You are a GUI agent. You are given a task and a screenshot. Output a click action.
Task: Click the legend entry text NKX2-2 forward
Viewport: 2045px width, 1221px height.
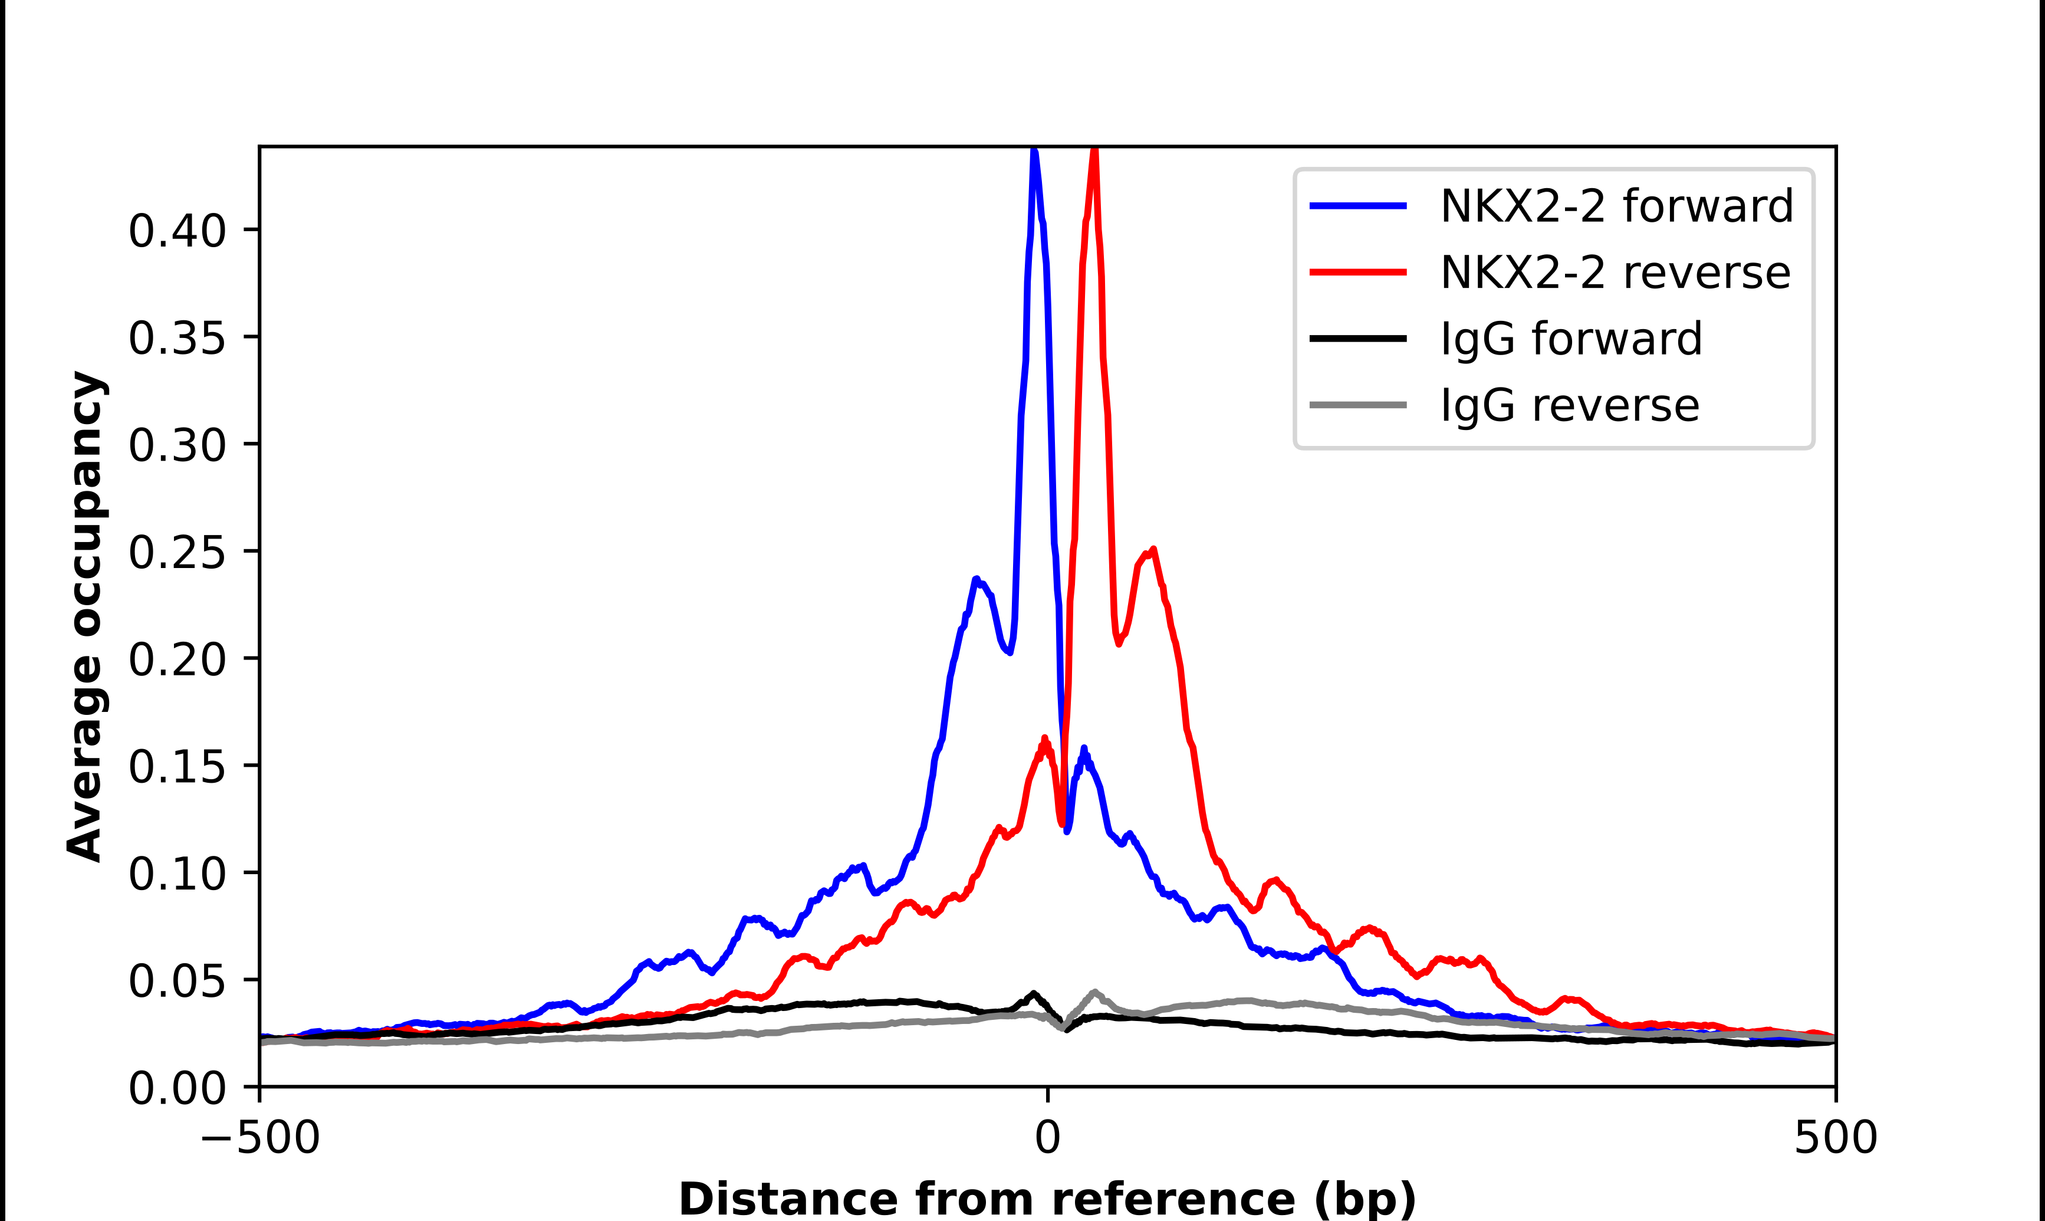pyautogui.click(x=1616, y=206)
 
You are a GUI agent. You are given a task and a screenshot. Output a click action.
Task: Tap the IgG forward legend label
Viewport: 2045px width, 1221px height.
pyautogui.click(x=1570, y=339)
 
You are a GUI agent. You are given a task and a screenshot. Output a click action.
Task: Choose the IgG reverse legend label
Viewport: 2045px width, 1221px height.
pyautogui.click(x=1569, y=406)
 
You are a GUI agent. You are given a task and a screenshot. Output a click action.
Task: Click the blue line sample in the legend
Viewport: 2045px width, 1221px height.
pyautogui.click(x=1357, y=206)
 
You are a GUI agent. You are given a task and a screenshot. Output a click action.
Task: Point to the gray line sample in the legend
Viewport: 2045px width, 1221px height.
pyautogui.click(x=1357, y=405)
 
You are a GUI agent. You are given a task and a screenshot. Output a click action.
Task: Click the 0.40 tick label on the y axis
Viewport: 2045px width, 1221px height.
pyautogui.click(x=177, y=231)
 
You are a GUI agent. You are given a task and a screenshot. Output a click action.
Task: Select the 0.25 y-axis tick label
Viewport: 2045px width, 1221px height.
pyautogui.click(x=177, y=552)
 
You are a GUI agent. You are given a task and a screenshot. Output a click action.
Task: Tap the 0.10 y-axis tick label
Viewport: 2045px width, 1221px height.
pyautogui.click(x=177, y=873)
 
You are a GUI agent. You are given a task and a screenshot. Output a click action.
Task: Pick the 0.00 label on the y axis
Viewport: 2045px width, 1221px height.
pyautogui.click(x=177, y=1088)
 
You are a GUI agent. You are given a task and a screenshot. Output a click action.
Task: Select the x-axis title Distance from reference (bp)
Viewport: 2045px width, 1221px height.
pyautogui.click(x=1047, y=1198)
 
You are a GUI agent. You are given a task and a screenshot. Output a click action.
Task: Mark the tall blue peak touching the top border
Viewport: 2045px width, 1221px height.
pyautogui.click(x=1034, y=156)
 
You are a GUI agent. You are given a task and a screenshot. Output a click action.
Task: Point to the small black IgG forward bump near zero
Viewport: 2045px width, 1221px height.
pyautogui.click(x=1034, y=994)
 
